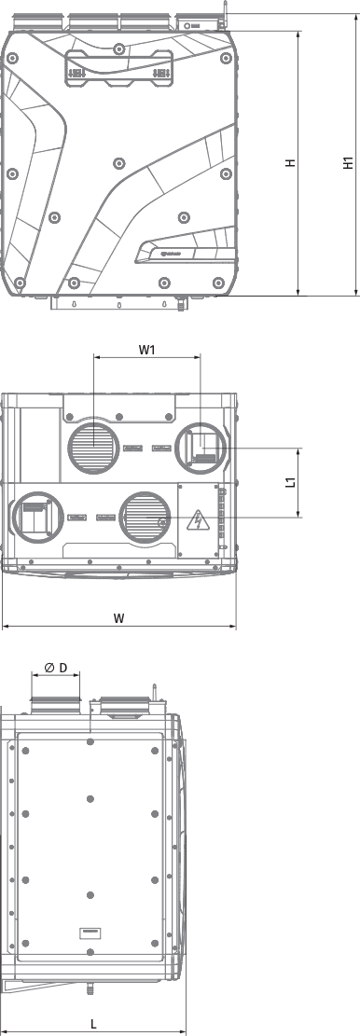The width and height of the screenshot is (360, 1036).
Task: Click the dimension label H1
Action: (x=348, y=162)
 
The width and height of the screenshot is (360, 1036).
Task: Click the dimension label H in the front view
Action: (x=291, y=163)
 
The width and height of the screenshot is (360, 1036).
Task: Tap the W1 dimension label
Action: (x=146, y=351)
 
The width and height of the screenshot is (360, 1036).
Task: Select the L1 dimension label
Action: (x=291, y=483)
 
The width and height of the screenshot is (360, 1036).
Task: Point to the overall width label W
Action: (x=118, y=617)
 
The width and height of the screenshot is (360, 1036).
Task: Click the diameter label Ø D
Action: (x=56, y=668)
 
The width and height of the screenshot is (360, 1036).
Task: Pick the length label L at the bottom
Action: (x=94, y=1023)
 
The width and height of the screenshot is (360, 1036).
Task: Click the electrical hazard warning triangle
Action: (x=197, y=519)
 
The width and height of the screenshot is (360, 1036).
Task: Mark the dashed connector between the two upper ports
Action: (x=147, y=449)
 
